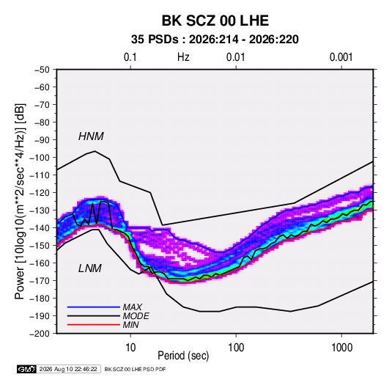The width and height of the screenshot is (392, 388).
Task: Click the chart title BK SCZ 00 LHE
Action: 215,21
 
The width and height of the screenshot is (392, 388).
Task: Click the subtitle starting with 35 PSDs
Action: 215,40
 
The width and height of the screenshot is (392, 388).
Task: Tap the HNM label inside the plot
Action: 91,136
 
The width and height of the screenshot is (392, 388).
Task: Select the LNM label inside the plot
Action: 90,268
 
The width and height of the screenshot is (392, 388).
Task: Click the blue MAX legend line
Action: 94,307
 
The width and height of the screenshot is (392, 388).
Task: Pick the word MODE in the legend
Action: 136,316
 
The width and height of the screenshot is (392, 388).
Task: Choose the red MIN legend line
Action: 94,325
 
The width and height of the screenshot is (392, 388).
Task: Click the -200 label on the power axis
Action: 40,334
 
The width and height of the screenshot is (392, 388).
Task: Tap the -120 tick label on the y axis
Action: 40,193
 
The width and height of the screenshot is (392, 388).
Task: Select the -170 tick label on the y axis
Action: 40,281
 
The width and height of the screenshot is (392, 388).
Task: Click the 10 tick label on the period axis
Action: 130,348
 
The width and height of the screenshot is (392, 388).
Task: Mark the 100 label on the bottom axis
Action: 236,348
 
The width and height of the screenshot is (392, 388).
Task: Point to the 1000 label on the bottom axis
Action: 341,348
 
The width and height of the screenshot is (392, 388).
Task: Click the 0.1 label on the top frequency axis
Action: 130,57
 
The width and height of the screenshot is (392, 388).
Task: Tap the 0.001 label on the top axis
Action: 341,57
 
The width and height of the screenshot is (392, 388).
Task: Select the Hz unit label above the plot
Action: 183,57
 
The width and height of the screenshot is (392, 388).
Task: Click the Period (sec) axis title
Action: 183,356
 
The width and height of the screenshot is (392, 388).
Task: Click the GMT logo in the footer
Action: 27,369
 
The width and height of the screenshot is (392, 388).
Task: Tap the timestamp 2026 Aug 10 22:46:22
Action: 68,369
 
